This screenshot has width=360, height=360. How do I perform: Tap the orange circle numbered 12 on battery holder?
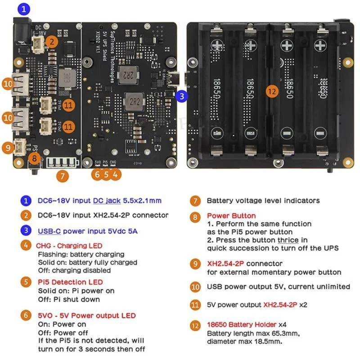click(270, 91)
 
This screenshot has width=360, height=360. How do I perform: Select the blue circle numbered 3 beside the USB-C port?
click(181, 95)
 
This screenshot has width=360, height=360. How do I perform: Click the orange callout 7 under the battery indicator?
click(62, 175)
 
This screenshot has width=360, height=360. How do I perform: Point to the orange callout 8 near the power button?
click(34, 158)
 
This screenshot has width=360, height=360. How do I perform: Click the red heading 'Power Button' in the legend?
click(231, 216)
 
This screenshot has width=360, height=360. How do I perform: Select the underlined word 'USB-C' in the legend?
click(49, 231)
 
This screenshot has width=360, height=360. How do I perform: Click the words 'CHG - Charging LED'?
click(69, 246)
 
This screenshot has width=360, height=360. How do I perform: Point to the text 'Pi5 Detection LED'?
click(70, 282)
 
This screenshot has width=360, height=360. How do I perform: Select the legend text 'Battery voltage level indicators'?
click(263, 201)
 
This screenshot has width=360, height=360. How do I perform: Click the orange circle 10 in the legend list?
click(195, 287)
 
